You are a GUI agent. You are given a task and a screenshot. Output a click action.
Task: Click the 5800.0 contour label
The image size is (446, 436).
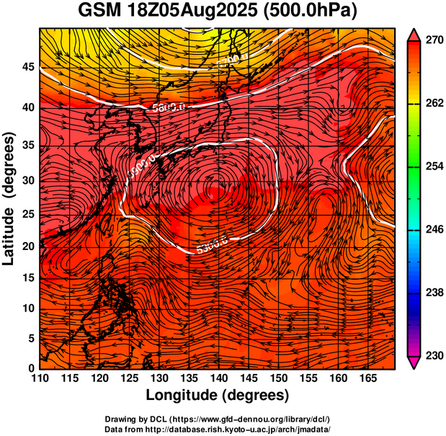coord(168,106)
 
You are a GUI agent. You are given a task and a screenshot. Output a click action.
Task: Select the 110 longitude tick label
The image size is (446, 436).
coord(40,378)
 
